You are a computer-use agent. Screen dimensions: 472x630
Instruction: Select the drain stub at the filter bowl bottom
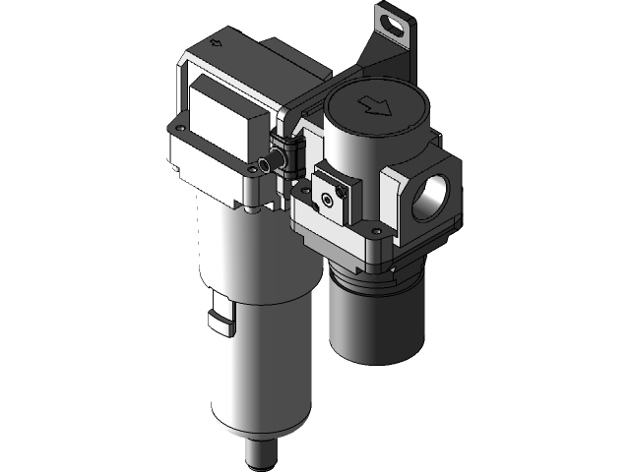click(x=262, y=451)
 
